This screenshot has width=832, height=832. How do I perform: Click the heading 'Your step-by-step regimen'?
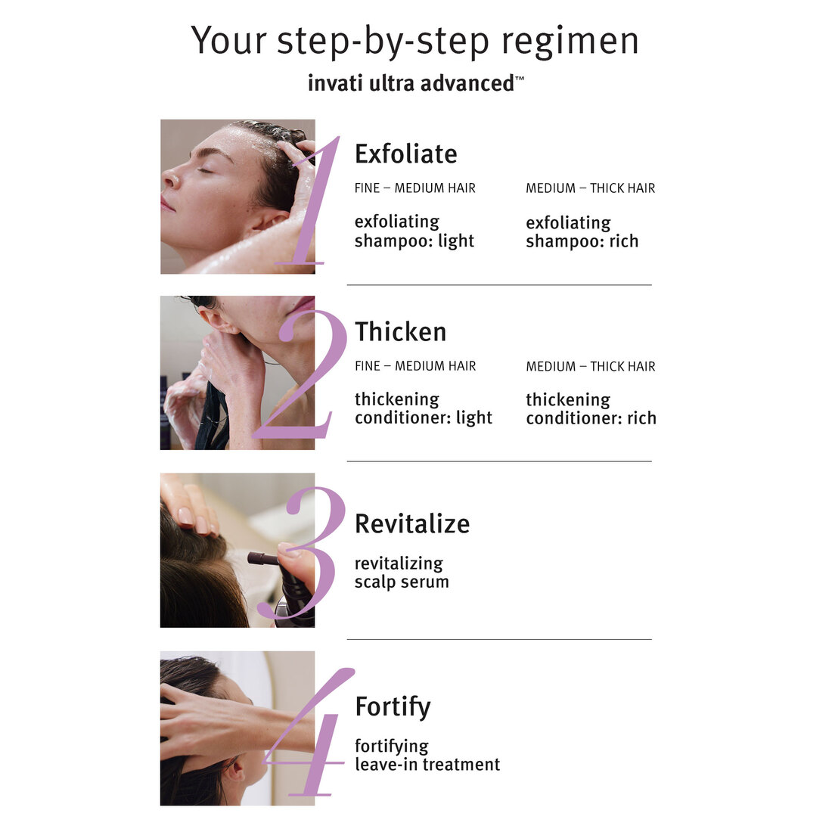(x=414, y=41)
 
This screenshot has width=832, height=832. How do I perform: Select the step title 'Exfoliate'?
(x=406, y=154)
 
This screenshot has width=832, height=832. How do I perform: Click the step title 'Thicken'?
(x=400, y=331)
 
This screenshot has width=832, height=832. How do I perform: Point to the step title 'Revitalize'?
(x=412, y=523)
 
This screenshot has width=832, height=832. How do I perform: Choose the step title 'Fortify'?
(x=393, y=706)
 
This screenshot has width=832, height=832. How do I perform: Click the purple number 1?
(x=310, y=204)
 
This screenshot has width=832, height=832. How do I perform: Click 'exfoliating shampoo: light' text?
(x=414, y=231)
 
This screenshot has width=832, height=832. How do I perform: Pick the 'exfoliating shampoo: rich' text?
(x=582, y=232)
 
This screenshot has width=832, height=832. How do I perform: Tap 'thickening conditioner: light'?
(x=423, y=408)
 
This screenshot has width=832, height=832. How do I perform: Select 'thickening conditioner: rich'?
(x=591, y=409)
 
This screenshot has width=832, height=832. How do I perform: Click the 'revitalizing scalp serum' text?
(x=402, y=573)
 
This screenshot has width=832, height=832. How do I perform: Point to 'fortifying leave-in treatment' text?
(x=427, y=755)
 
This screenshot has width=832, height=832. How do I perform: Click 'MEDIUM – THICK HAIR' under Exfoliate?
(x=590, y=188)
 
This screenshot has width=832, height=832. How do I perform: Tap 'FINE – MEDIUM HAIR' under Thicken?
(x=415, y=366)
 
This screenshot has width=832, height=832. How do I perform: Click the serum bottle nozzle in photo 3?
(x=262, y=559)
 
